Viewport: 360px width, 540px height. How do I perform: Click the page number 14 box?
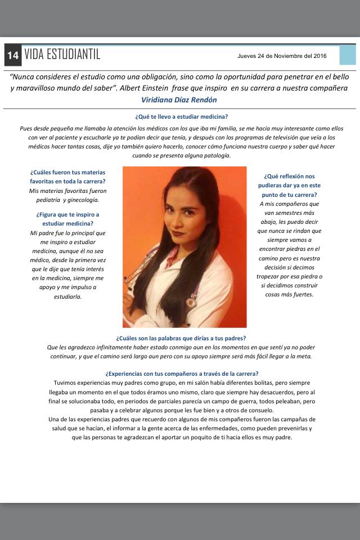tap(13, 55)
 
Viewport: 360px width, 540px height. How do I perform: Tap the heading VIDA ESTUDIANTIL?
tap(62, 55)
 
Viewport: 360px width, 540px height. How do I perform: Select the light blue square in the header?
tap(347, 55)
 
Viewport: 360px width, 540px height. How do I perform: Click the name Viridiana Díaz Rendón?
tap(179, 100)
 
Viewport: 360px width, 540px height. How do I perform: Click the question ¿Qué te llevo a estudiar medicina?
tap(181, 117)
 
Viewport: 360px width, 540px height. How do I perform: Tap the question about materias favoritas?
tap(67, 177)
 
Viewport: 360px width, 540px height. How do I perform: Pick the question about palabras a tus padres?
tap(180, 338)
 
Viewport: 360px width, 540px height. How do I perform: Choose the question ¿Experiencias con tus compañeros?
tap(181, 373)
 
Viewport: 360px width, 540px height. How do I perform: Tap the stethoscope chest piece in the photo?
tap(191, 303)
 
